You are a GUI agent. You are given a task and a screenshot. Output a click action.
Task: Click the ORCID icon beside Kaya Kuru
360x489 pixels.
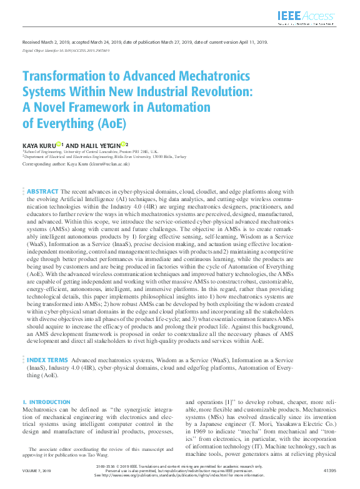(59, 144)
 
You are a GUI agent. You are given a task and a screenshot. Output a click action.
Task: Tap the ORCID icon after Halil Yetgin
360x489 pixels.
(124, 144)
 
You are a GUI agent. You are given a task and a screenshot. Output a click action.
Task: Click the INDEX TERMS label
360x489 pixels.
(47, 360)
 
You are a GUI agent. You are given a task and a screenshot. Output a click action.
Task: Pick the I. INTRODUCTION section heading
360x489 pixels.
(46, 402)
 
